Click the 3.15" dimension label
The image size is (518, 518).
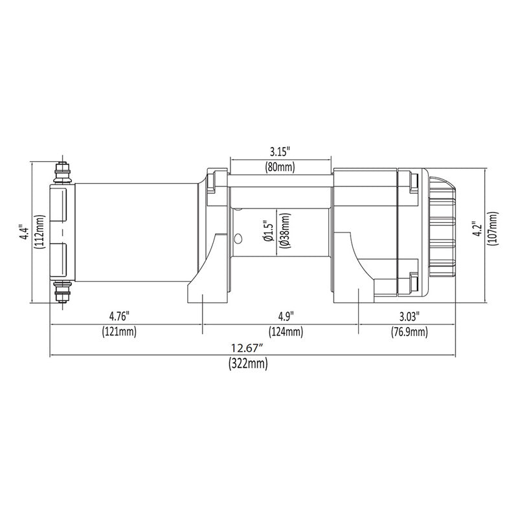280,152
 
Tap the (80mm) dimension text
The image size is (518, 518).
280,167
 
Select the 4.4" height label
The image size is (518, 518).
25,232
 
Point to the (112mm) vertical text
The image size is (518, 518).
39,232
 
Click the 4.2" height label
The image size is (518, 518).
478,229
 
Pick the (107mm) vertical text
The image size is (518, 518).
493,229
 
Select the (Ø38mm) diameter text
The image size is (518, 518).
284,231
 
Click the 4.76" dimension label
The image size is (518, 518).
119,316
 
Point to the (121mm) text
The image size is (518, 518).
119,331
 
